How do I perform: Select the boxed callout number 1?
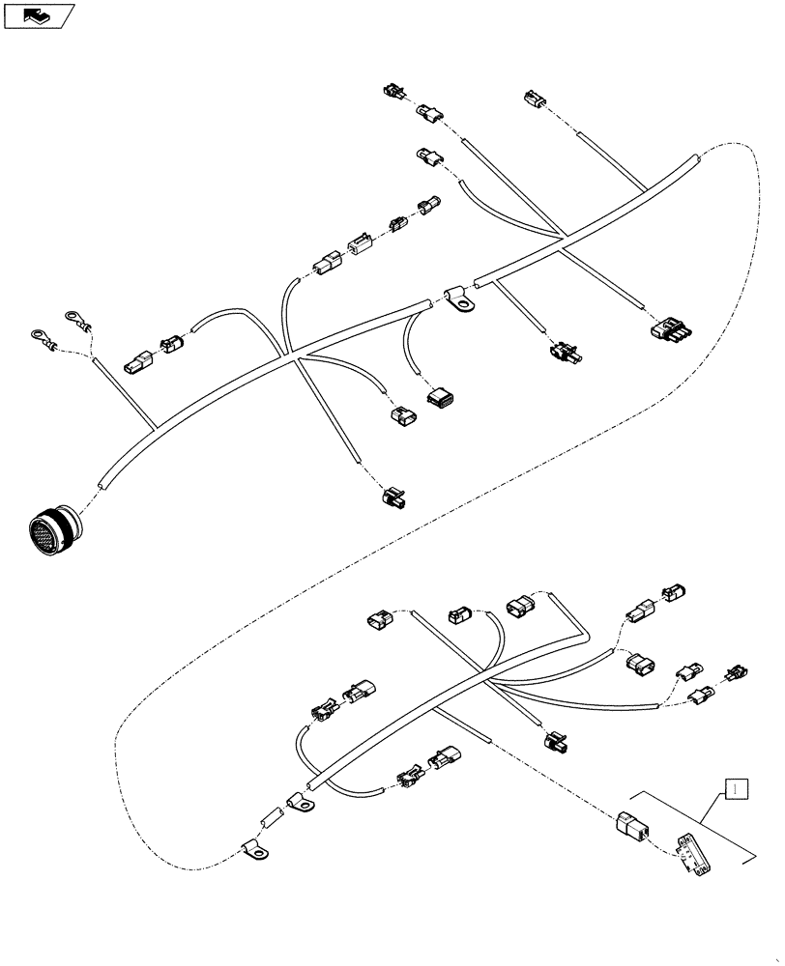pyautogui.click(x=736, y=789)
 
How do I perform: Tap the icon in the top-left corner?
pyautogui.click(x=39, y=15)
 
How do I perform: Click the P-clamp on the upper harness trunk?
pyautogui.click(x=460, y=301)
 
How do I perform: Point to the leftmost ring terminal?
pyautogui.click(x=39, y=337)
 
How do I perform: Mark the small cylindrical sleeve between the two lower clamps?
pyautogui.click(x=266, y=821)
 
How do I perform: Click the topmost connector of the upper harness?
pyautogui.click(x=392, y=94)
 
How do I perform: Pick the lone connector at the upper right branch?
pyautogui.click(x=534, y=99)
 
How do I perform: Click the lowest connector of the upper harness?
pyautogui.click(x=392, y=497)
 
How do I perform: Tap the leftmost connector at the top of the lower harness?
pyautogui.click(x=378, y=620)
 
